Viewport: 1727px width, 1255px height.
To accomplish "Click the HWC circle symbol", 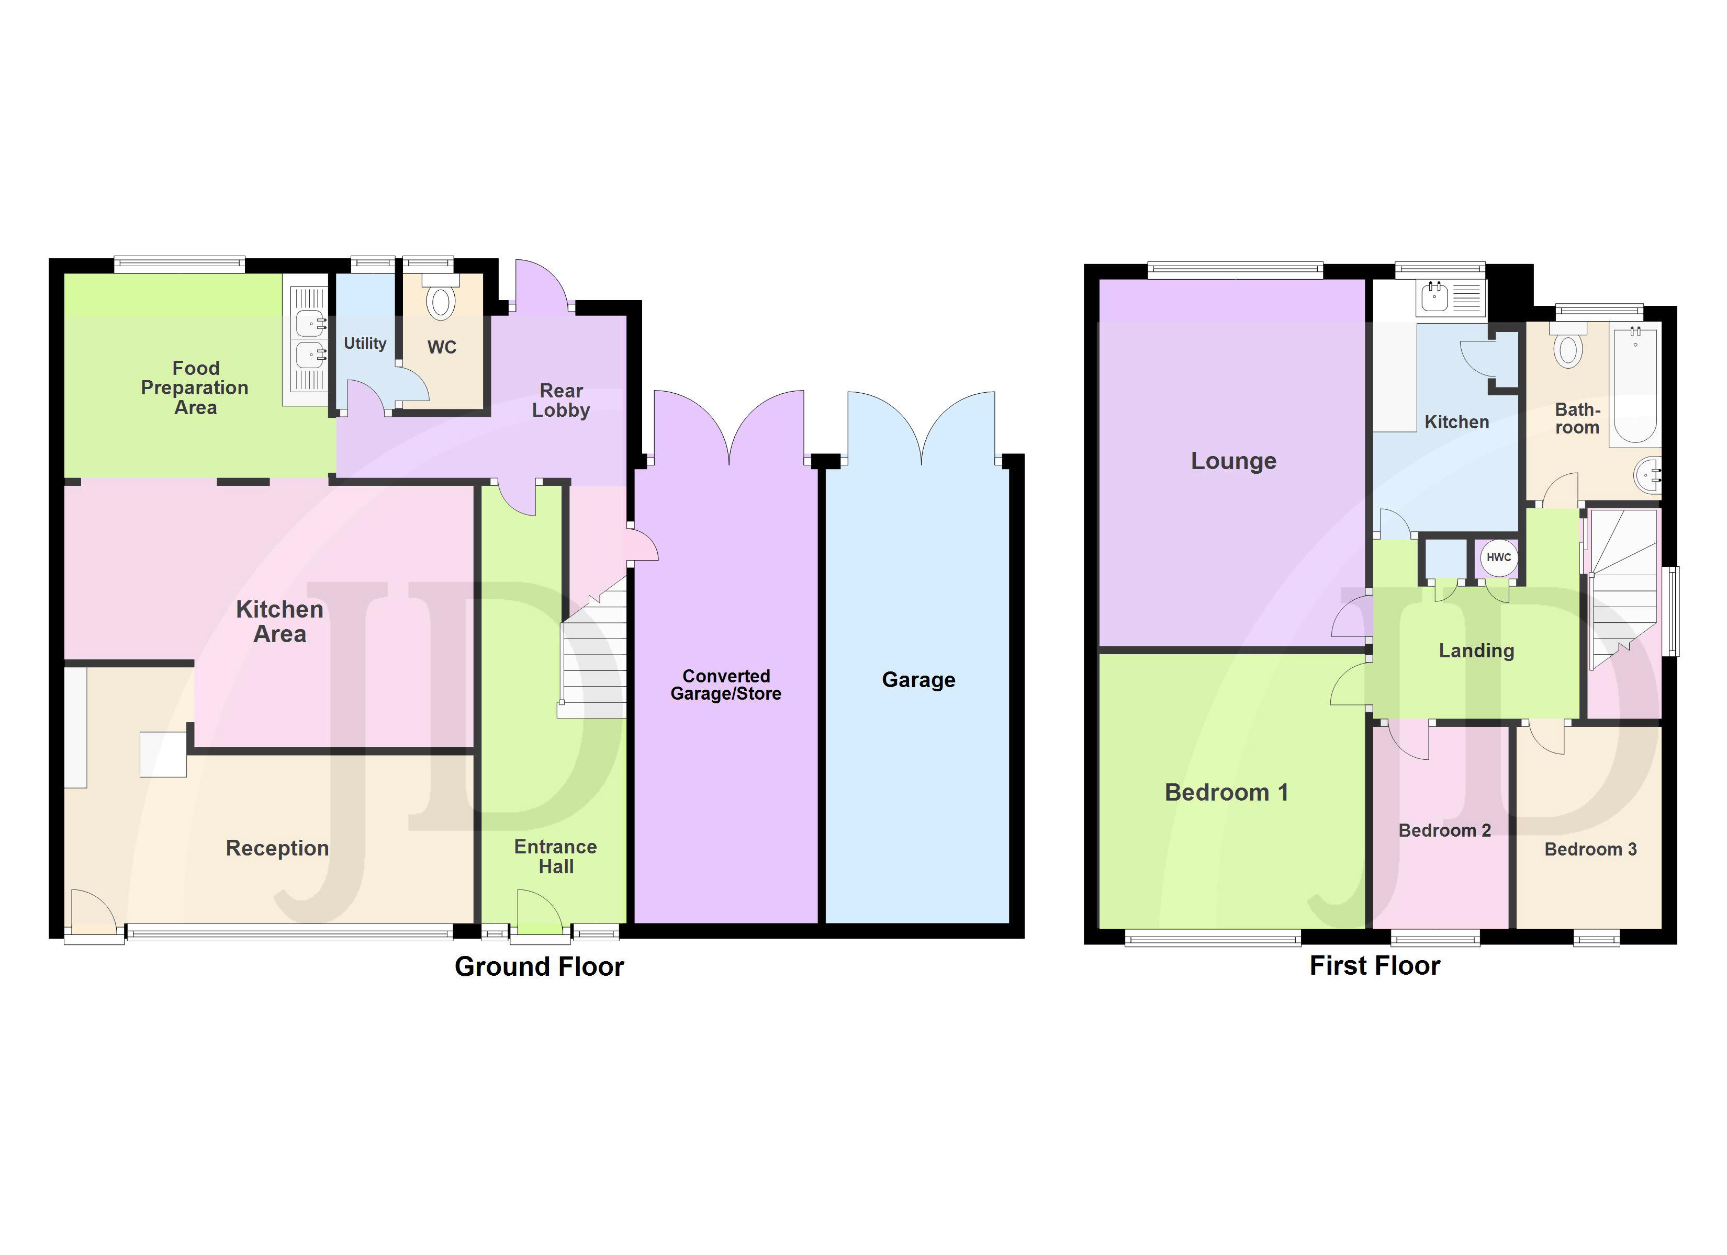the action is click(x=1498, y=557).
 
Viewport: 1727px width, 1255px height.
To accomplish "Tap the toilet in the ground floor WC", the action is click(x=440, y=298).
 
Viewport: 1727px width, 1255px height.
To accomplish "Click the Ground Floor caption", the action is click(x=539, y=966).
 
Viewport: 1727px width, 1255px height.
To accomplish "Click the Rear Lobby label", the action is click(x=561, y=401).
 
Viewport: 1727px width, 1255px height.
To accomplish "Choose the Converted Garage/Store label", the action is click(x=726, y=685).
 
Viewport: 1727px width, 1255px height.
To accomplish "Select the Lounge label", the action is click(x=1233, y=461).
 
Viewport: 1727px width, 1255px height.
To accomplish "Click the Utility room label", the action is click(x=365, y=344).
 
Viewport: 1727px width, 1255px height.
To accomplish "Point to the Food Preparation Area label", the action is click(x=195, y=388).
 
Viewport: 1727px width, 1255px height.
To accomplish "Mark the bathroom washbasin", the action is click(x=1647, y=476).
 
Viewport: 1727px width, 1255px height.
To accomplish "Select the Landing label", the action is click(x=1476, y=651).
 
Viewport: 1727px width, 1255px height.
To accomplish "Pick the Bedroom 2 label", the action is click(x=1444, y=830).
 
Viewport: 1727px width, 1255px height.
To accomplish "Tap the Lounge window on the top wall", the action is click(x=1235, y=270).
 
